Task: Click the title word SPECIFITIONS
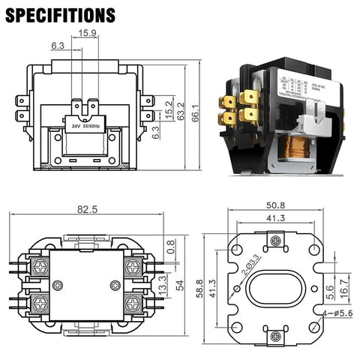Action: click(62, 15)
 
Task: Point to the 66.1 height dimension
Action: click(194, 112)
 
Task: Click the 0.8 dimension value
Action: click(171, 244)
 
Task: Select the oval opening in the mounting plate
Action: click(277, 288)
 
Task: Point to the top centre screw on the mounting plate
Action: click(277, 239)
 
